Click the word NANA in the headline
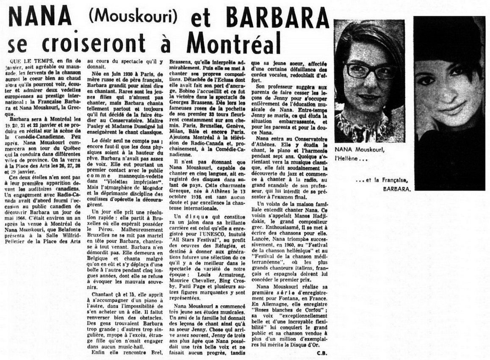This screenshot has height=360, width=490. coord(40,17)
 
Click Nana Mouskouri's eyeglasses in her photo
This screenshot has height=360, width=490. coord(370,71)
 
